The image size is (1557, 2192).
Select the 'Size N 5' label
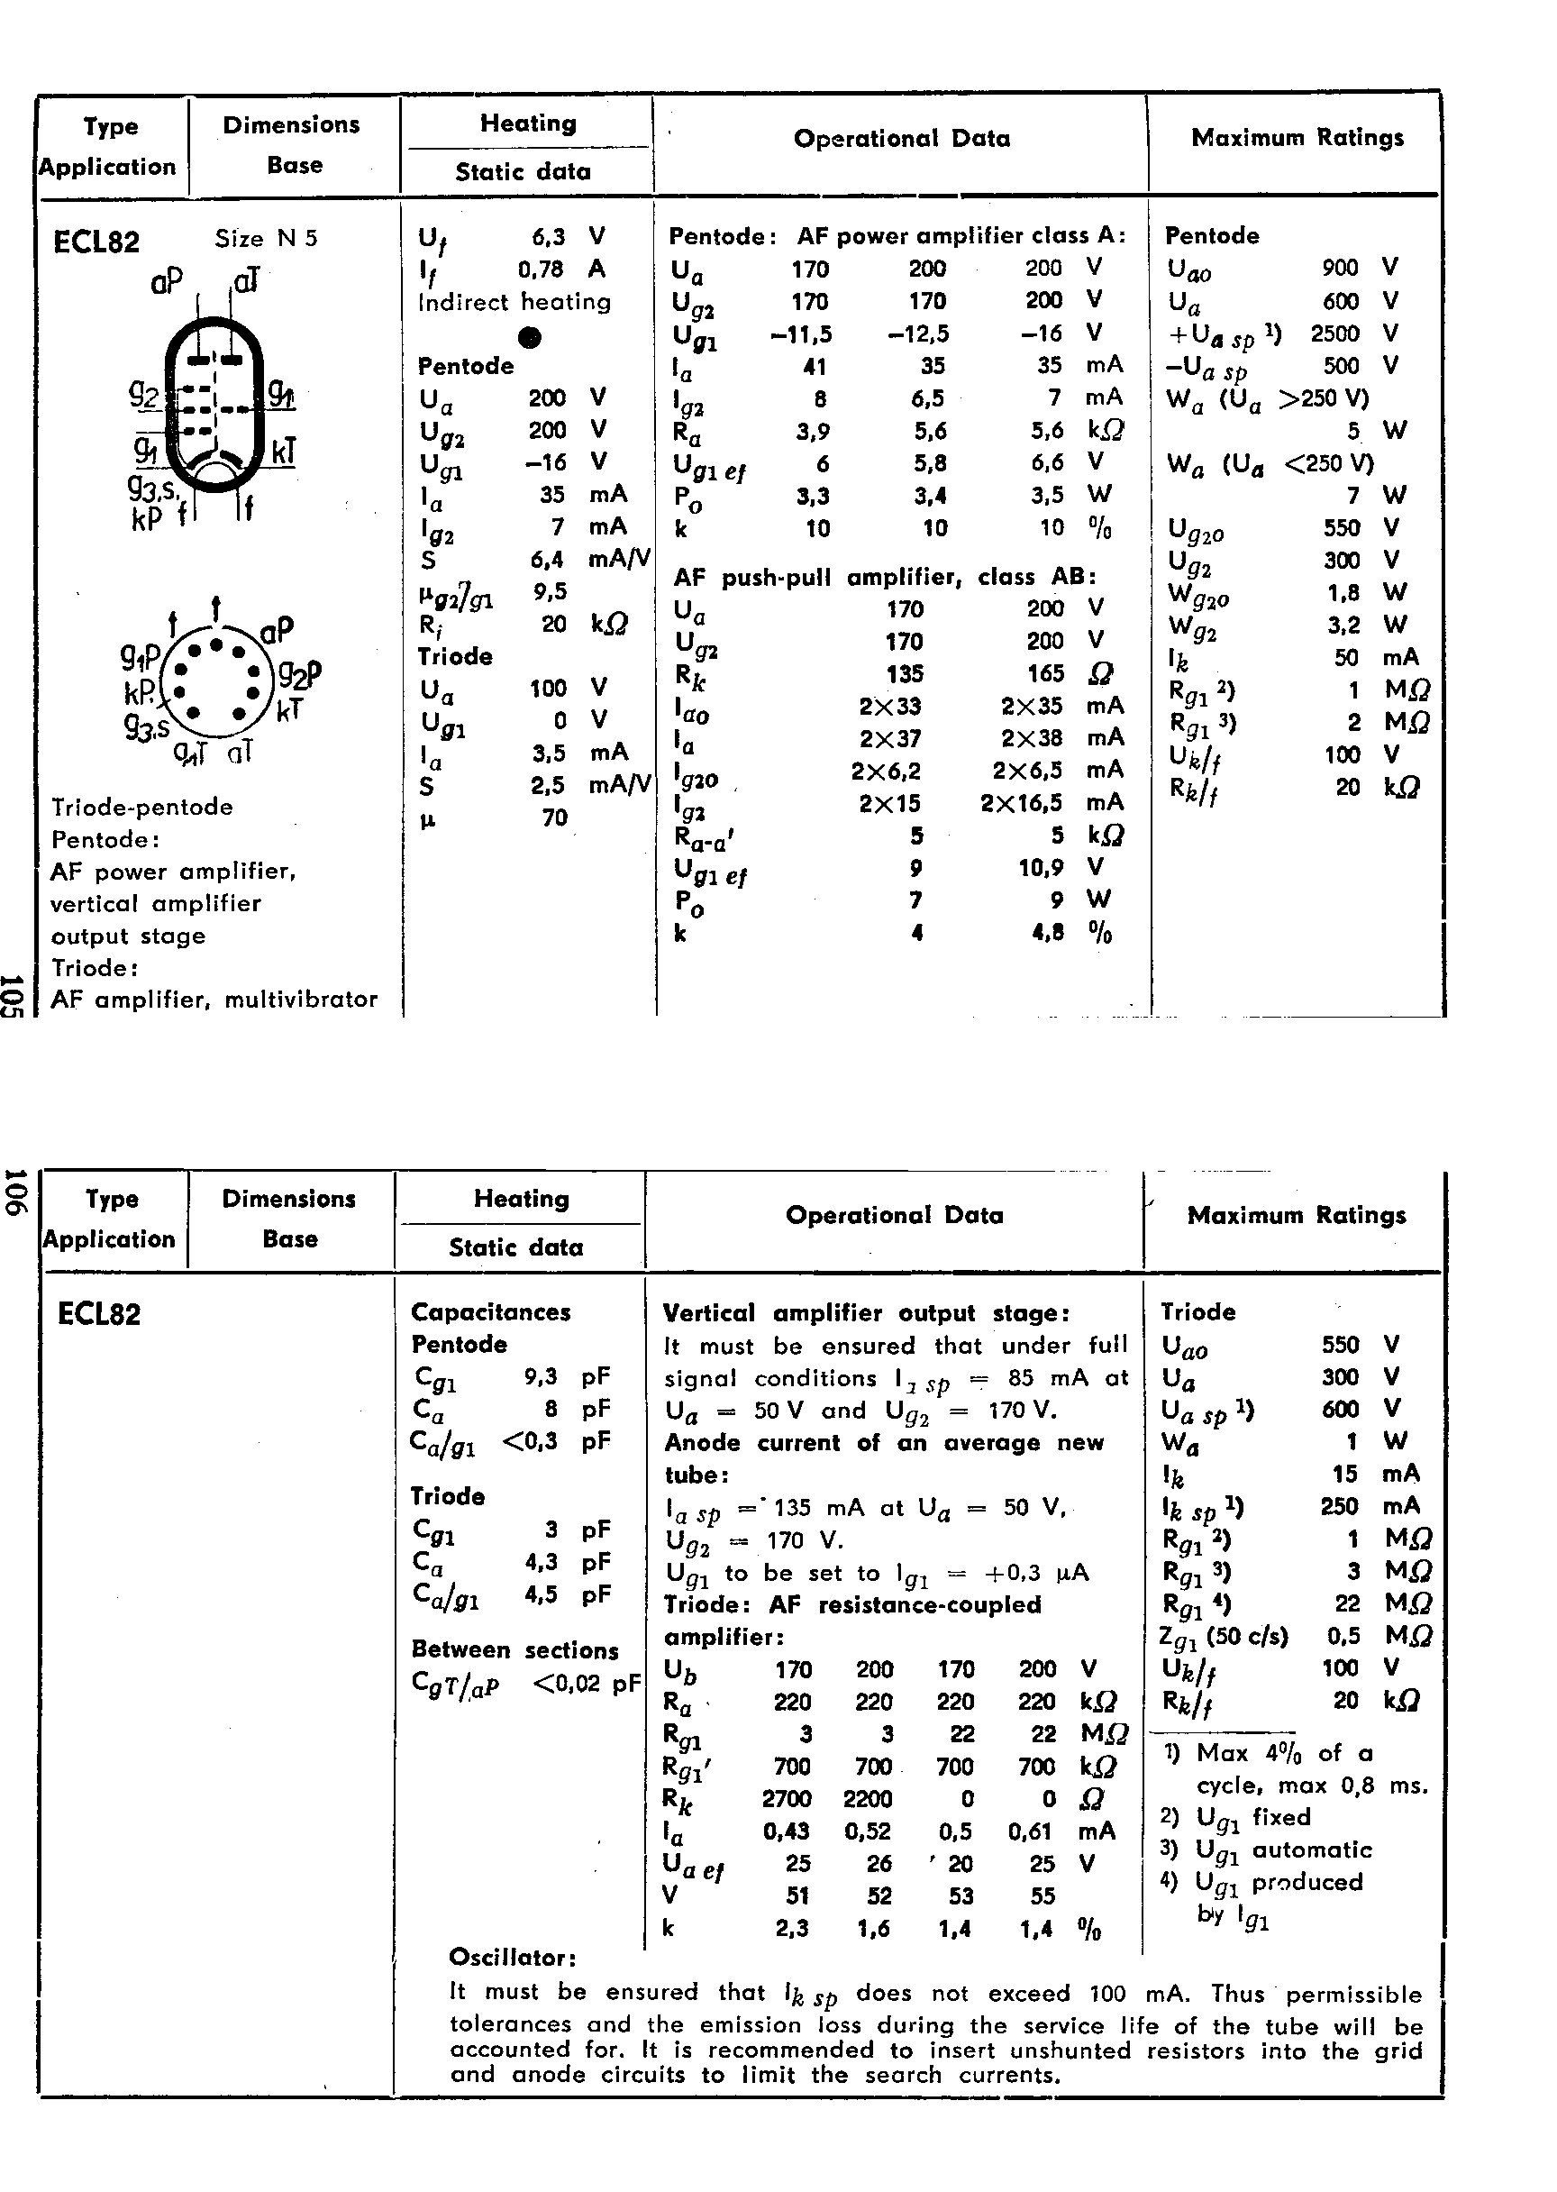click(266, 238)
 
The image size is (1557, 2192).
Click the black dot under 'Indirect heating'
click(529, 337)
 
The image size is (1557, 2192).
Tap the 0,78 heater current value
click(541, 269)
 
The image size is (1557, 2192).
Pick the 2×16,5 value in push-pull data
click(1021, 802)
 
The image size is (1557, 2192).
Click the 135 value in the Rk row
click(904, 673)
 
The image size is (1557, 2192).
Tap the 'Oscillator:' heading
click(513, 1957)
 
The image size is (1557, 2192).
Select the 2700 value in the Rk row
click(787, 1799)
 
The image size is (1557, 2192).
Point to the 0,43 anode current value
click(787, 1831)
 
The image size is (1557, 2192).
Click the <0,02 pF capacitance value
click(585, 1683)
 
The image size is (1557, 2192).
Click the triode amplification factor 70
click(554, 817)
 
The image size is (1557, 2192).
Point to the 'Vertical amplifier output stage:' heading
click(867, 1312)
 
